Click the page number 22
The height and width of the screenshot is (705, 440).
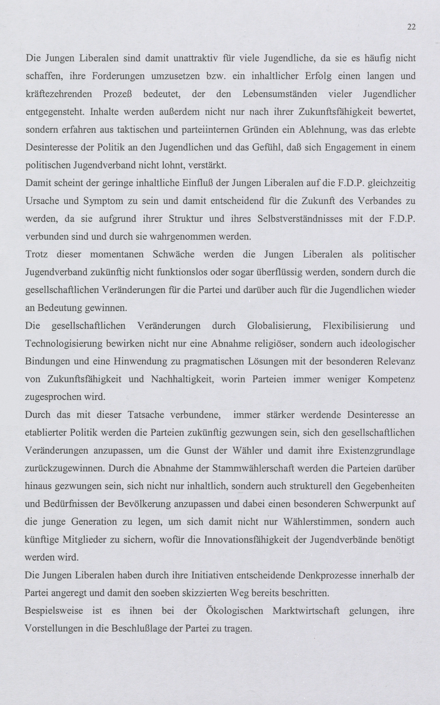click(411, 27)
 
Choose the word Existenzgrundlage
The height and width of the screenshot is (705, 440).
click(376, 451)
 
